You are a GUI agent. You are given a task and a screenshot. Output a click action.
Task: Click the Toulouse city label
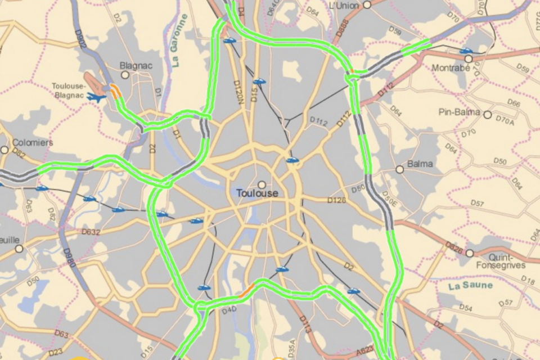257,193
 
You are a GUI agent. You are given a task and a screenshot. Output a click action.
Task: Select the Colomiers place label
33,142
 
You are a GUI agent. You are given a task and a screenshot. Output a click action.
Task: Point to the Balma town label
420,164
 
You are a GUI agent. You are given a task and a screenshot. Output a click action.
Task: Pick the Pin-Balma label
460,112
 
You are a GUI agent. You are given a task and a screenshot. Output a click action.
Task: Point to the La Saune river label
471,286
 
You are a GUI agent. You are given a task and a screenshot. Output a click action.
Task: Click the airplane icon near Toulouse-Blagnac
97,97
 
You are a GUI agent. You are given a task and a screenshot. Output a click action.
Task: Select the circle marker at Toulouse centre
262,184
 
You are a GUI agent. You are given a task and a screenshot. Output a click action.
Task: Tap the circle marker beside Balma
399,169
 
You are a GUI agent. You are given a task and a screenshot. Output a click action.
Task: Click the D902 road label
81,39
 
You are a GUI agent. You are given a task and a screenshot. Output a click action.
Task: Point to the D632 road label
91,231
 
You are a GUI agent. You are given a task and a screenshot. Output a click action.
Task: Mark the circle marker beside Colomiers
4,150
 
